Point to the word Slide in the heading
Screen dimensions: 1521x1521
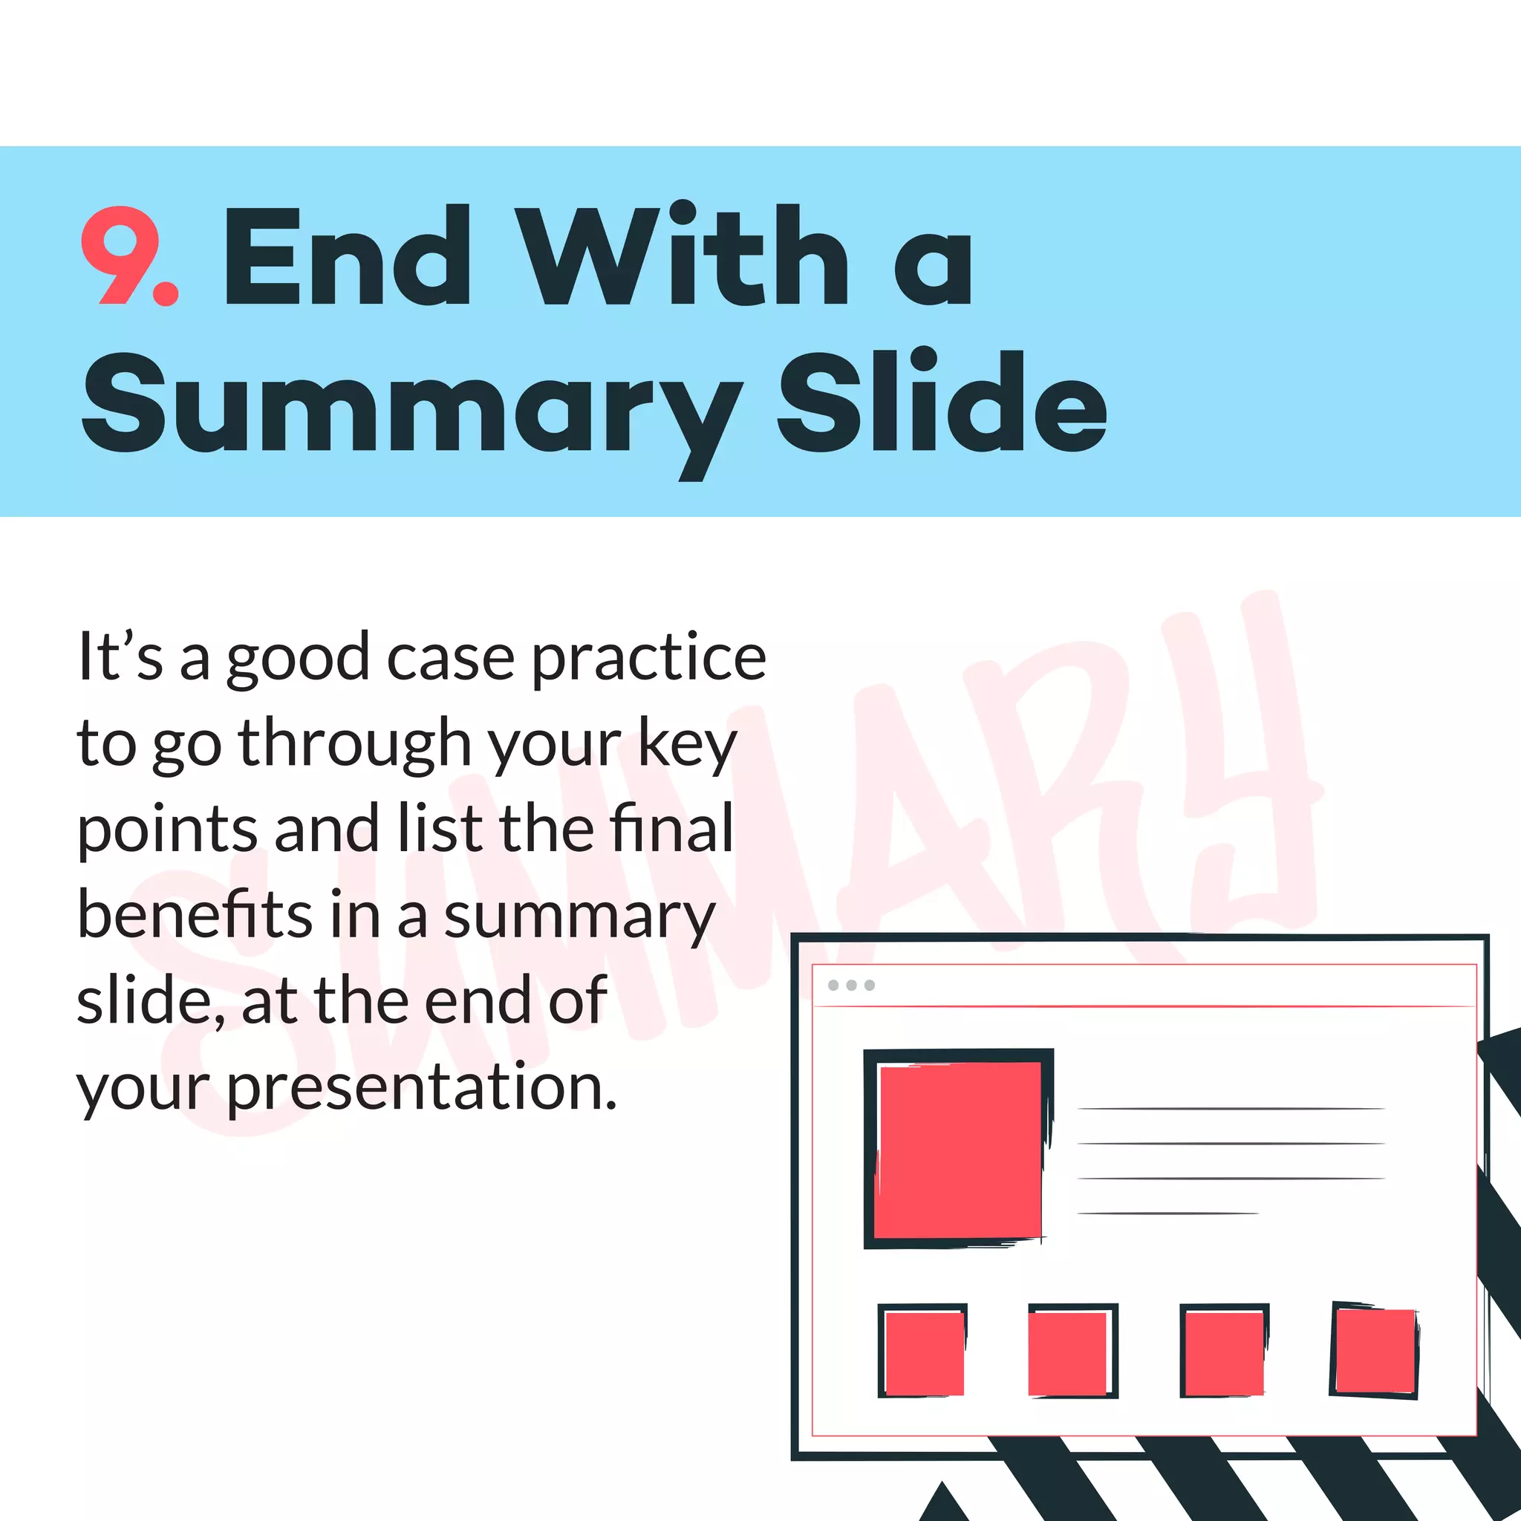(942, 403)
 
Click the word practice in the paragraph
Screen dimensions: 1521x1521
(648, 658)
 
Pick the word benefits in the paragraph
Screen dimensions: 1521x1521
(195, 915)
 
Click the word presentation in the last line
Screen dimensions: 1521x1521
(421, 1087)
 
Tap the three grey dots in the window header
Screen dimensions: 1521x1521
(851, 985)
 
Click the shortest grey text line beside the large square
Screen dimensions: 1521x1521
(1167, 1214)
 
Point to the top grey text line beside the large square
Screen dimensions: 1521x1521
(1230, 1109)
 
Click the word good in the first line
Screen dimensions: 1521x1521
(298, 658)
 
